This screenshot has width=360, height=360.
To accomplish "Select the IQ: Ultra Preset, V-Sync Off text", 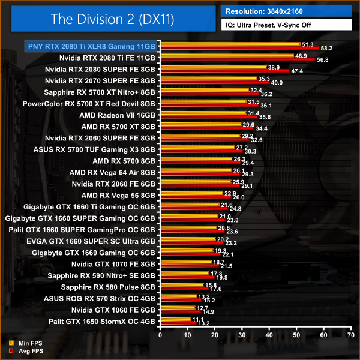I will pyautogui.click(x=270, y=26).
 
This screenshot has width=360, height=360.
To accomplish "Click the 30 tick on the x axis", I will pyautogui.click(x=241, y=335).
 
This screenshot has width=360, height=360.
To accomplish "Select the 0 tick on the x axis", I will pyautogui.click(x=160, y=335).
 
